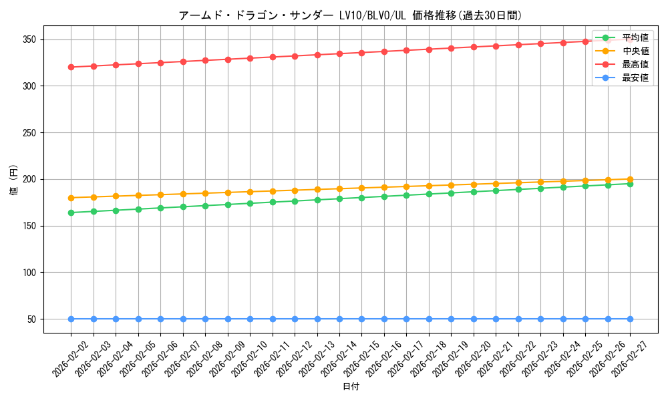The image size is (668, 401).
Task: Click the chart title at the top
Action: point(350,15)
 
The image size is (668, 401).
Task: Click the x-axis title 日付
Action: point(351,387)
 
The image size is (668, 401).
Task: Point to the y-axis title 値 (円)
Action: point(13,179)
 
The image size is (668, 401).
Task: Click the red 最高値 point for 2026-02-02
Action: point(71,67)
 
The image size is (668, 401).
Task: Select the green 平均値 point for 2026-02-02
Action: point(71,213)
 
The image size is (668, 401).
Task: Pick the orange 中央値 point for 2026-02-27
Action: point(630,179)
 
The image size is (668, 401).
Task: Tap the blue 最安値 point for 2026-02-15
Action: point(361,319)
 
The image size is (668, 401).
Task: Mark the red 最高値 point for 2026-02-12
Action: point(295,56)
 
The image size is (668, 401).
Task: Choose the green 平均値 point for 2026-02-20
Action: point(474,192)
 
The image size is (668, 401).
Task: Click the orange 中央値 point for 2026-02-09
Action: point(228,192)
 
